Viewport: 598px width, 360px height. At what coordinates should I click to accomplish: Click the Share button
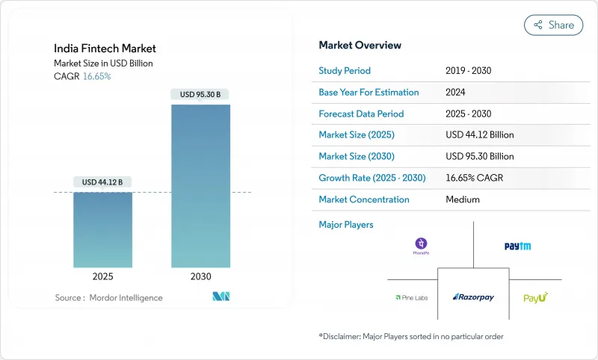(x=553, y=25)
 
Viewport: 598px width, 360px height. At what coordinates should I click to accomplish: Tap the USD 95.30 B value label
(x=200, y=95)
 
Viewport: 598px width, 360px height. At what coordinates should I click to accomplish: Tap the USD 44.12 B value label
(x=102, y=182)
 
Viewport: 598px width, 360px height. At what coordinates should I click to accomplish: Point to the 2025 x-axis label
(x=102, y=276)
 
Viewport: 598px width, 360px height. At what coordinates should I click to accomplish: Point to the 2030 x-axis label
(x=200, y=276)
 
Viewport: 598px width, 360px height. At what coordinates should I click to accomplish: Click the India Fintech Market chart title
(x=105, y=49)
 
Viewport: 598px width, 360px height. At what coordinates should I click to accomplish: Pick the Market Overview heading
(x=360, y=45)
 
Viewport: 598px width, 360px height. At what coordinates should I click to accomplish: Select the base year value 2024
(x=457, y=93)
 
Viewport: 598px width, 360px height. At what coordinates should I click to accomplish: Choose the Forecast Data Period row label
(x=361, y=114)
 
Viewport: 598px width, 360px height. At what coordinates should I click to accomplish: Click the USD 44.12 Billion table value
(x=479, y=135)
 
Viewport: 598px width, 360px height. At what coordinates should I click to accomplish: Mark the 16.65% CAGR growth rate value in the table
(x=476, y=179)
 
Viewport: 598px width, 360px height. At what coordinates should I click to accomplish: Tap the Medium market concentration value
(x=462, y=199)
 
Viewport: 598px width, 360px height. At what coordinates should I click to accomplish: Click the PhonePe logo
(x=422, y=246)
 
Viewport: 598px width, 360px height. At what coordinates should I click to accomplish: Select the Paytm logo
(x=517, y=246)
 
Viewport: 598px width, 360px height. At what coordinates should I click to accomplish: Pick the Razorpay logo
(x=474, y=297)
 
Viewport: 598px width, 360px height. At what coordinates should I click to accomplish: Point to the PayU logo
(x=535, y=297)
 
